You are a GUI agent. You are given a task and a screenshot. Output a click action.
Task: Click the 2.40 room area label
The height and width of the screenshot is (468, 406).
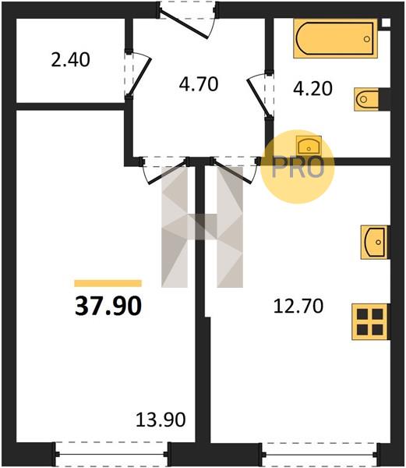[70, 59]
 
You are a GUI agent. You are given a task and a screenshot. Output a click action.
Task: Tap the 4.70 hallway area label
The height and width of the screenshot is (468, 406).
[199, 84]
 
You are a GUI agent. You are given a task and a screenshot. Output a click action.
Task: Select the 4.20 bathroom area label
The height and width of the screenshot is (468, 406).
[312, 89]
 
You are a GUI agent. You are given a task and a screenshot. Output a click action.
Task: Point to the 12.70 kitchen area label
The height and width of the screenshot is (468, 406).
[298, 307]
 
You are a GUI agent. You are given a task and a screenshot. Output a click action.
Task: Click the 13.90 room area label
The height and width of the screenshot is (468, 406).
[161, 420]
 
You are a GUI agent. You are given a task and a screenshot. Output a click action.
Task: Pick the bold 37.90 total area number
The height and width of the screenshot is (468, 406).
[108, 307]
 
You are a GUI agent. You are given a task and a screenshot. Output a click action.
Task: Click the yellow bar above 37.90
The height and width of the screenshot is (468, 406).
[108, 283]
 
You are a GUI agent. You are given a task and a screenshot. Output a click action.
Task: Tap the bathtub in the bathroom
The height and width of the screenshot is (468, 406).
[335, 38]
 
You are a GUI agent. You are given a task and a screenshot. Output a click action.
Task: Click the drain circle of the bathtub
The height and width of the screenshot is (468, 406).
[367, 39]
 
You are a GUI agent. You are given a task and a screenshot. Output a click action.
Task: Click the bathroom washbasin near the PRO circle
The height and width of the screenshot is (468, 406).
[309, 146]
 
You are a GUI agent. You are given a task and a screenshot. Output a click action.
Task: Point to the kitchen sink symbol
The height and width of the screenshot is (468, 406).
[375, 242]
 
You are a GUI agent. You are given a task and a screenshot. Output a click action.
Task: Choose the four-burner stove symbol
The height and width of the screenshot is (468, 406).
[370, 321]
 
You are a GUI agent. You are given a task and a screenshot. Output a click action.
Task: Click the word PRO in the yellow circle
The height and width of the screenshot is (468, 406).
[298, 168]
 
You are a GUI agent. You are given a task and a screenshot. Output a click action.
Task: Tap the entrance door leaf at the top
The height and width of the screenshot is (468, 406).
[184, 23]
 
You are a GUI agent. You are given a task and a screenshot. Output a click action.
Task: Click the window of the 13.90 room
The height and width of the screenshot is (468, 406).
[111, 454]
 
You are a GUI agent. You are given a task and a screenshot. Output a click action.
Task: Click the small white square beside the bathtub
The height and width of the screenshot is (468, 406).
[386, 23]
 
